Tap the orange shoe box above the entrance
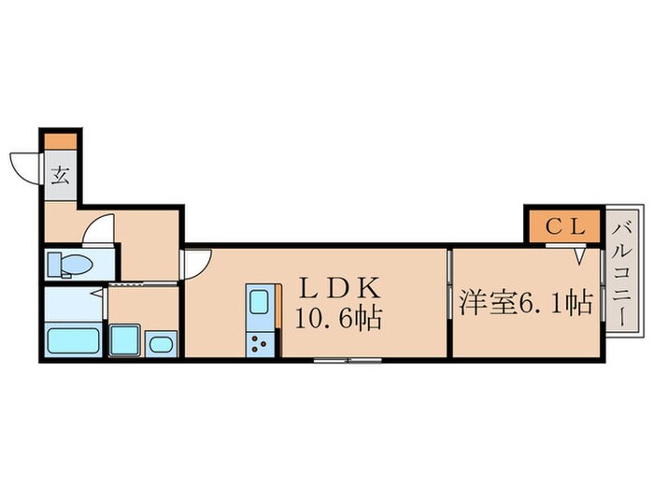point(60,140)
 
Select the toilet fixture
point(69,264)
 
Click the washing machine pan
point(124,339)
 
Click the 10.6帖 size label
point(338,319)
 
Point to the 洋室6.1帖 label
point(526,304)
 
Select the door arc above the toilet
point(99,230)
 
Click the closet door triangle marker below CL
point(580,253)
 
